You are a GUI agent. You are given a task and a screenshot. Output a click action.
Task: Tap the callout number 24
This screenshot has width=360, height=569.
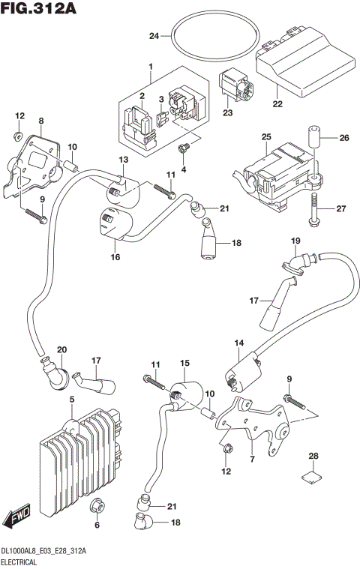point(154,36)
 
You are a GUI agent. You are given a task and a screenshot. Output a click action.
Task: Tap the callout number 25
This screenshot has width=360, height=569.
point(265,138)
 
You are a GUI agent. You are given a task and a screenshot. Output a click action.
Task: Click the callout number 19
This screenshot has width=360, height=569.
point(295,241)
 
